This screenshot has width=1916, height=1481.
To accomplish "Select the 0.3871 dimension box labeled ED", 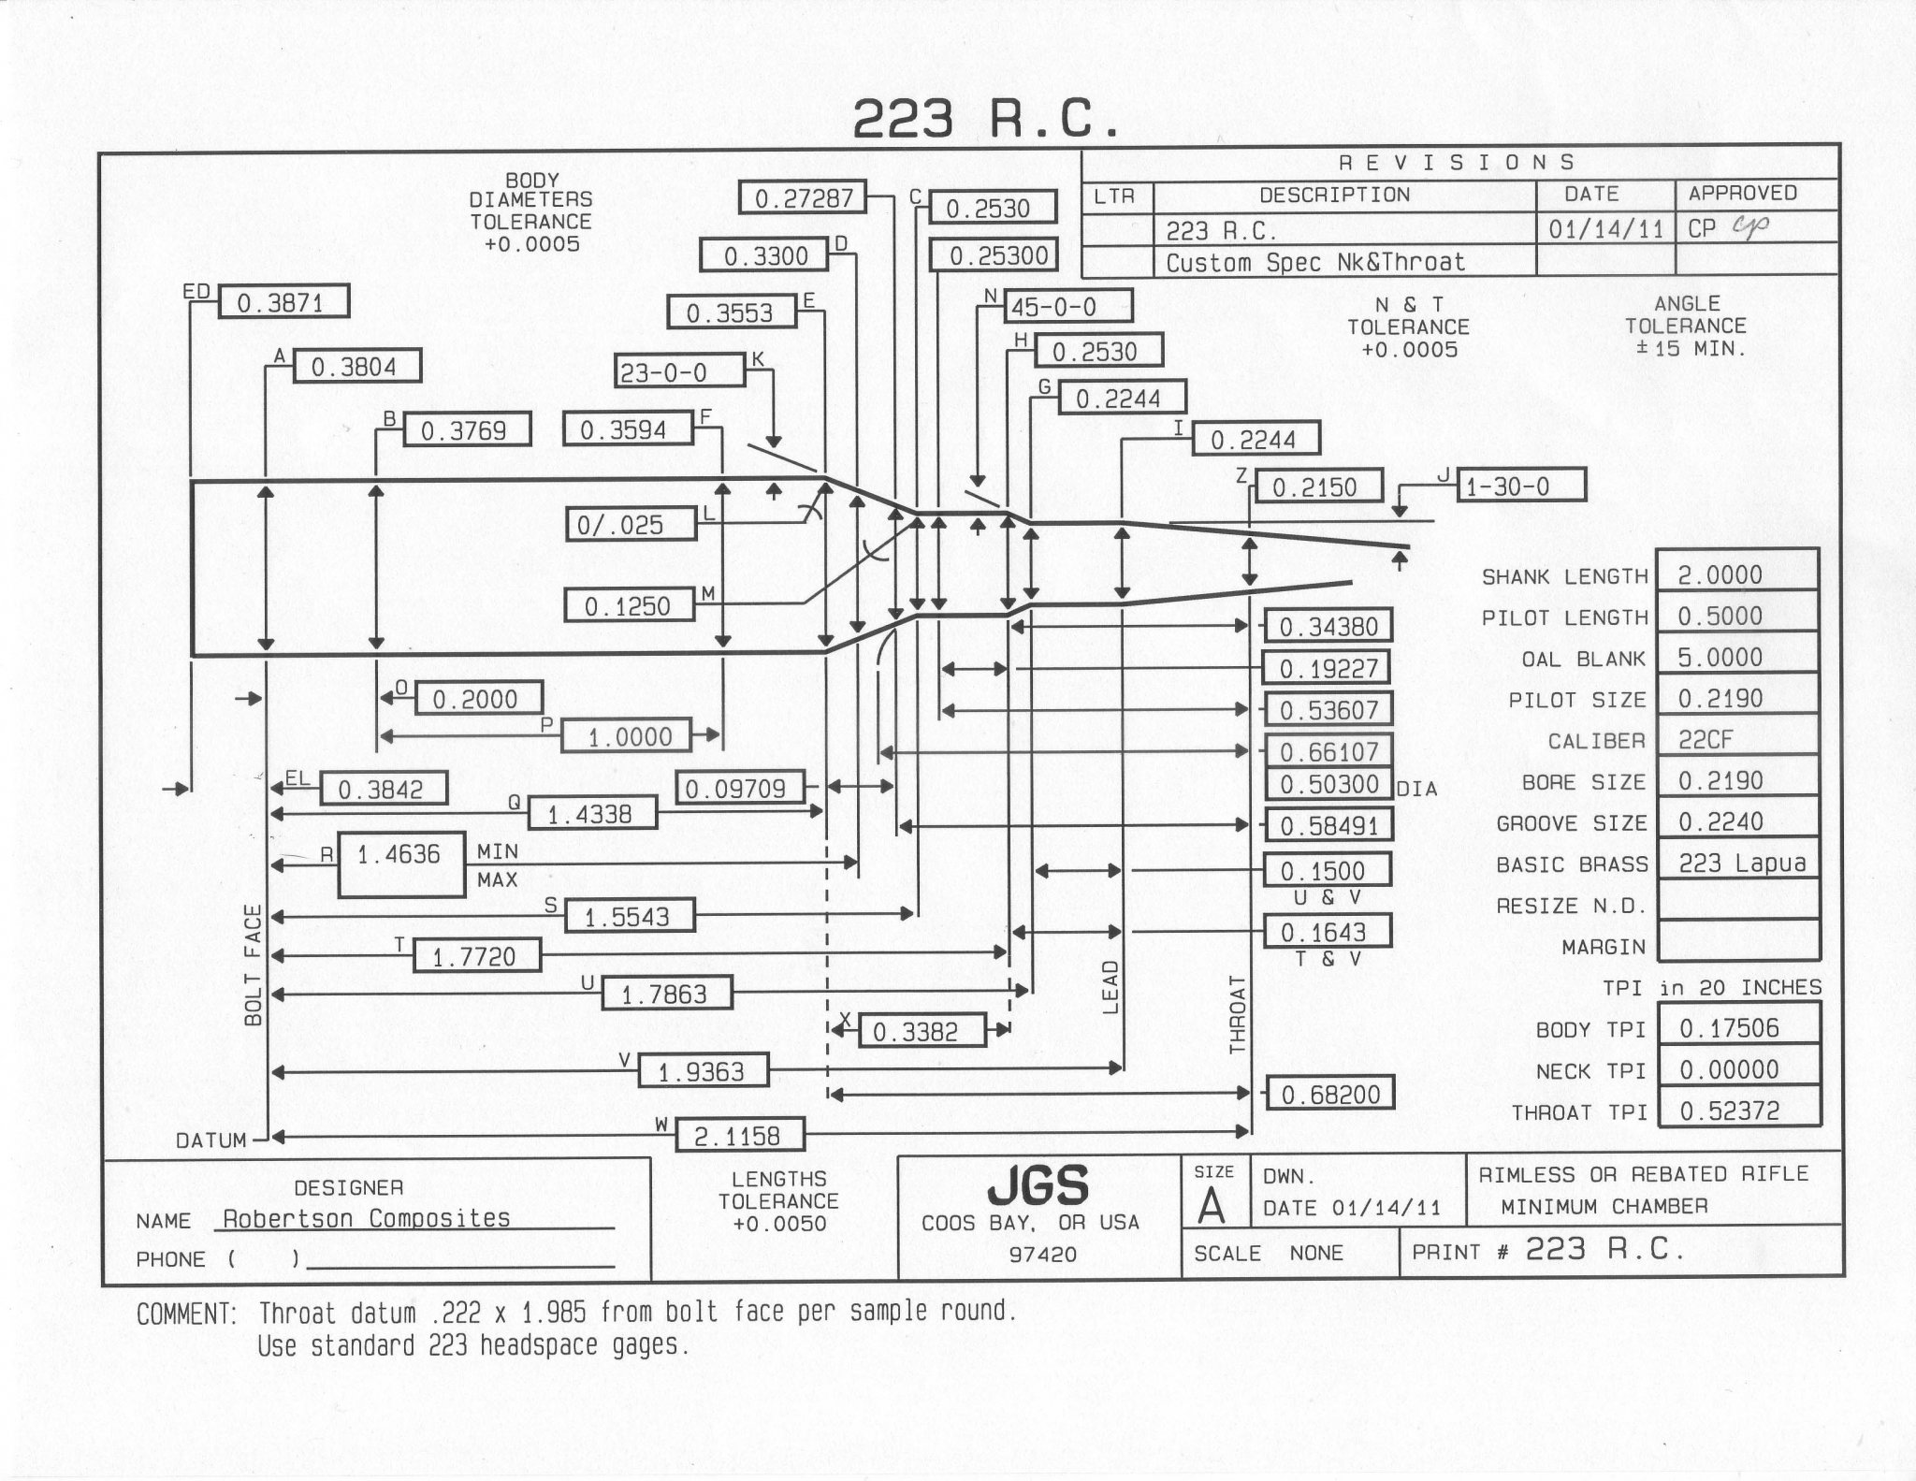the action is (x=283, y=302).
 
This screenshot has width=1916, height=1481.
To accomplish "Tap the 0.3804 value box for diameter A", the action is (x=356, y=366).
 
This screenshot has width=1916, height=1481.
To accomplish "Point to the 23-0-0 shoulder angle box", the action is (x=680, y=372).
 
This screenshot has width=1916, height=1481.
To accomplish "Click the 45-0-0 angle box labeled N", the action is (x=1067, y=306).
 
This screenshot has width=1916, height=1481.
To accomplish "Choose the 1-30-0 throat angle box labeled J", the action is (x=1520, y=486).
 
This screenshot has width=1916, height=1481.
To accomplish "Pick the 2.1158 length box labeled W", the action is (x=738, y=1135).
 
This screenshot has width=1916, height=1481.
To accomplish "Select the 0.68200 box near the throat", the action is (x=1329, y=1093).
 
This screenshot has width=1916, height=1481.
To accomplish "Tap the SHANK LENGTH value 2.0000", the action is (x=1737, y=574).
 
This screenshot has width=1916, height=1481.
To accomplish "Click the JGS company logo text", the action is (x=1038, y=1185).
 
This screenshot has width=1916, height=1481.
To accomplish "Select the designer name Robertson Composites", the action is (x=367, y=1218).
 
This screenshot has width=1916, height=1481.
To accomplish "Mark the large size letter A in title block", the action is (x=1212, y=1206).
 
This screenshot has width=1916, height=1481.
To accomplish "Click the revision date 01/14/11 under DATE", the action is (x=1605, y=228).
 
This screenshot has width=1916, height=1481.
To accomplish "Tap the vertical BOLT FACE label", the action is (x=253, y=965).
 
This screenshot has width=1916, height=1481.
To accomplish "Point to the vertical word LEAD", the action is (x=1110, y=987).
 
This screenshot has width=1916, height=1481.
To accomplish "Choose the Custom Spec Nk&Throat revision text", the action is (x=1315, y=262).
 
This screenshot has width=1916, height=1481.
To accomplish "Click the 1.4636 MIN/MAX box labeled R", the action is (x=401, y=864).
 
